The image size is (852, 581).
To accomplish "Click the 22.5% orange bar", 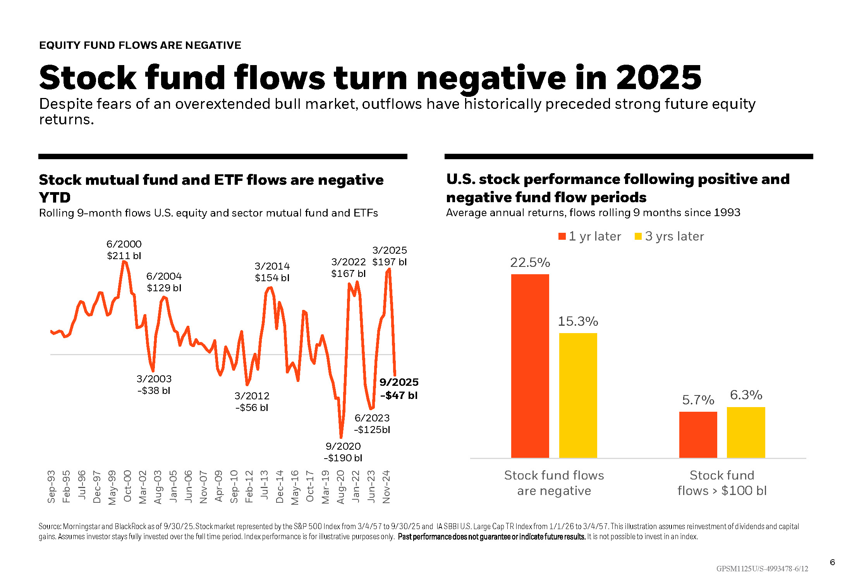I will coord(530,366).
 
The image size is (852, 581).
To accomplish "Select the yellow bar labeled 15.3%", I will coord(578,395).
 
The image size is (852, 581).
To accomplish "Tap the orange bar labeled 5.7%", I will coord(698,435).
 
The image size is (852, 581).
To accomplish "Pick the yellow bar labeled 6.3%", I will coord(746,432).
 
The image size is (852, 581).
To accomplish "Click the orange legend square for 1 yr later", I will coord(562,236).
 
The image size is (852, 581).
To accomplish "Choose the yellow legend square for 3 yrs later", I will coord(638,236).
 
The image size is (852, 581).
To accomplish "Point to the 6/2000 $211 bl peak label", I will coord(124,250).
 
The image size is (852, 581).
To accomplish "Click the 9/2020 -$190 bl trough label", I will coord(343,452).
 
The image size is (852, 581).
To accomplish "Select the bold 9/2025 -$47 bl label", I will coord(399,388).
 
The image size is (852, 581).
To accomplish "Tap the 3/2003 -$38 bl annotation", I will coord(154,385).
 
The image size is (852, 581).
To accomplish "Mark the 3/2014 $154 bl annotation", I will coord(272,272).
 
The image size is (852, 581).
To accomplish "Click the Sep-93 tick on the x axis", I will coord(51,486).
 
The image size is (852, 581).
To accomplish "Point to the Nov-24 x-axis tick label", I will coord(386,486).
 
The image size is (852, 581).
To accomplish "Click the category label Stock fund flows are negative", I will coord(554,483).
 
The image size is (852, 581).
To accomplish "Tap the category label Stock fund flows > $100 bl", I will coord(722,483).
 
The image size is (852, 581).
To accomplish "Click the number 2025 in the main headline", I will coord(658,78).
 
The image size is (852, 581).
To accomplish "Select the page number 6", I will coord(832,562).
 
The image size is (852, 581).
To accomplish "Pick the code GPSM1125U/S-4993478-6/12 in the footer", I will coord(762,569).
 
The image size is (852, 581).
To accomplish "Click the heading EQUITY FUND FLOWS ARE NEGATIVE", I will coord(140,45).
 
